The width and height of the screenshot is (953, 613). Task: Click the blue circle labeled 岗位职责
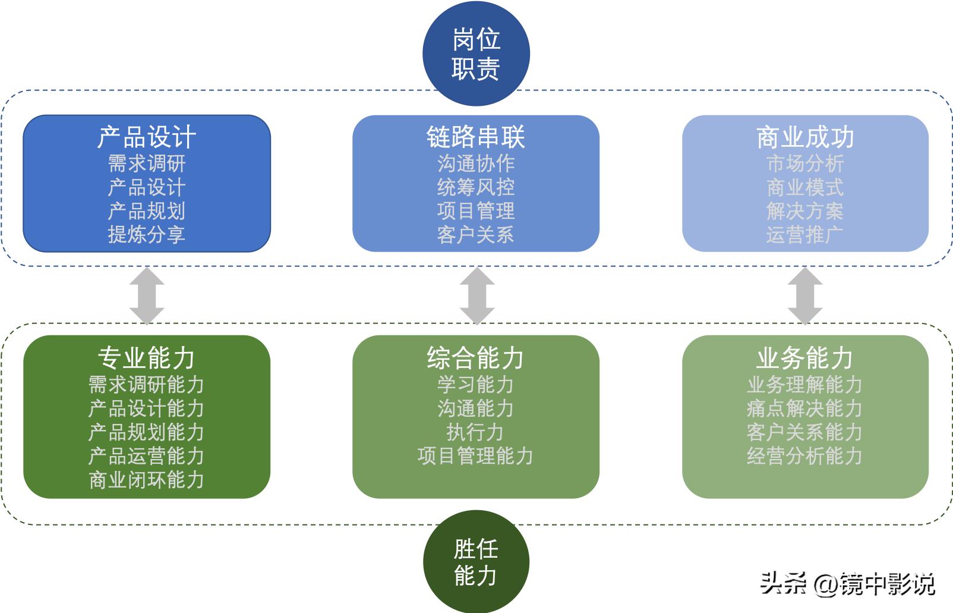pos(476,54)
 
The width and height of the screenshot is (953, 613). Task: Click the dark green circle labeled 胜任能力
pos(476,562)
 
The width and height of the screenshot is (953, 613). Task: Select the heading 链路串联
pos(476,137)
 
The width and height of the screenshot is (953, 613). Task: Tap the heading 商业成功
pos(805,137)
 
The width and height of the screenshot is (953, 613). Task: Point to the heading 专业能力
pos(146,358)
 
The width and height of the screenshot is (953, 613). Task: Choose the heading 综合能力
pos(476,358)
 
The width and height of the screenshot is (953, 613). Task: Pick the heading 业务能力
pos(805,358)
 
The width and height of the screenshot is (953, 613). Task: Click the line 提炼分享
pos(146,234)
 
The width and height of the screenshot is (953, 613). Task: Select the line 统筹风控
pos(476,187)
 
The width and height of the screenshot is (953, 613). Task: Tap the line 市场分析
pos(805,163)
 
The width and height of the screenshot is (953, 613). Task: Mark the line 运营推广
pos(805,234)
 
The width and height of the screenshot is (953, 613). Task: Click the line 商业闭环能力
pos(146,480)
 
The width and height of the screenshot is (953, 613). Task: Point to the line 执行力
pos(476,432)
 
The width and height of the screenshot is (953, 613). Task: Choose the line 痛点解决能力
pos(805,408)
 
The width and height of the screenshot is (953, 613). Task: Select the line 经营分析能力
pos(805,456)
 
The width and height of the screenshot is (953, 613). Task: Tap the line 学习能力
pos(476,385)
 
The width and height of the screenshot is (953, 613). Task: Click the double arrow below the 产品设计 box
pos(147,296)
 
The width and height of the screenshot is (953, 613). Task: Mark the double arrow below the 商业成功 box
pos(805,296)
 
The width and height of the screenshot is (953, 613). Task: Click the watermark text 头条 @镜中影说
pos(848,583)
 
